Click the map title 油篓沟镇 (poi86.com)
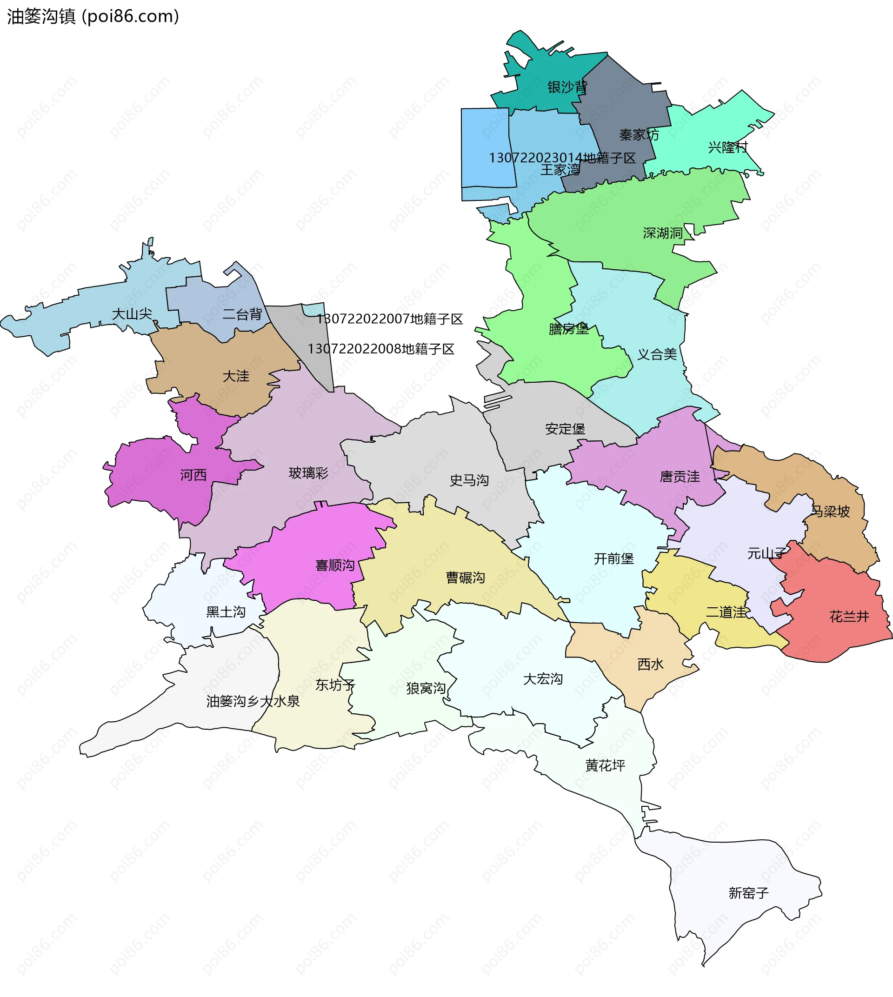click(x=93, y=16)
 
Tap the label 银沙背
click(x=567, y=87)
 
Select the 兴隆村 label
click(x=727, y=147)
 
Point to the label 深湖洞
click(x=663, y=233)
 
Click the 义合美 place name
click(x=657, y=354)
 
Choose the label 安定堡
click(x=565, y=429)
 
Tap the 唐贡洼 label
click(x=680, y=477)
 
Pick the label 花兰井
click(x=849, y=617)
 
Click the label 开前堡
click(x=614, y=559)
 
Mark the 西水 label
click(x=651, y=665)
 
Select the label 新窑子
click(x=748, y=893)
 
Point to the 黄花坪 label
click(x=605, y=765)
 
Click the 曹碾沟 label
click(x=465, y=578)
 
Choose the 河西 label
click(x=193, y=475)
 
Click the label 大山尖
click(x=132, y=314)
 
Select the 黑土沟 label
click(x=226, y=612)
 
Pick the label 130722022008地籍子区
click(x=381, y=349)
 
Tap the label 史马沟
click(x=469, y=480)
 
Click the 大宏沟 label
click(x=543, y=679)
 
